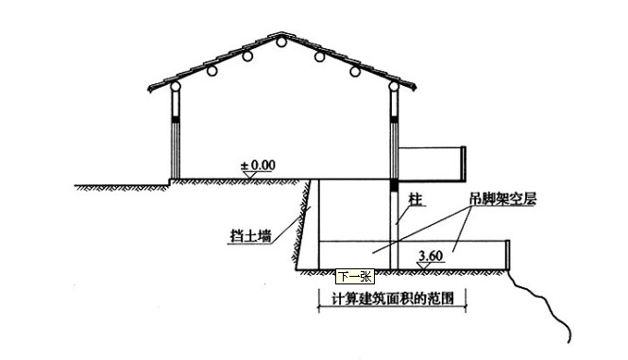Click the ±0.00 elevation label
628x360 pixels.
(257, 164)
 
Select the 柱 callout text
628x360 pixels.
(414, 200)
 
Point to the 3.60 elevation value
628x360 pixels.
(430, 255)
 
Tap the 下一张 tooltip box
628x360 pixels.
(355, 277)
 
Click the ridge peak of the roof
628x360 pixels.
(280, 35)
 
